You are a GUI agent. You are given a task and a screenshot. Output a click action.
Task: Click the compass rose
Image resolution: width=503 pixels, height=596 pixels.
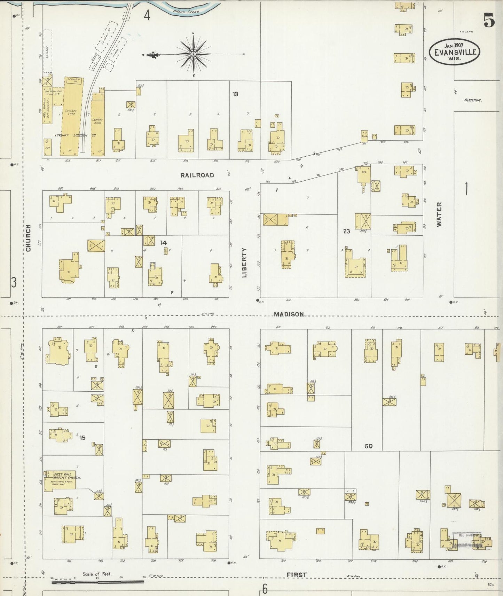pyautogui.click(x=193, y=54)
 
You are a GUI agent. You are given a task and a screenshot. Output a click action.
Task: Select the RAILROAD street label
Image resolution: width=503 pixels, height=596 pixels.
pyautogui.click(x=197, y=175)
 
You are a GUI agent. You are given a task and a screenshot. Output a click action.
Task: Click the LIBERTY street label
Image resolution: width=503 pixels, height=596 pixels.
pyautogui.click(x=244, y=262)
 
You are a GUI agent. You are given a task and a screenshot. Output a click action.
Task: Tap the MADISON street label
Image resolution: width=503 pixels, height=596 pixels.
pyautogui.click(x=289, y=314)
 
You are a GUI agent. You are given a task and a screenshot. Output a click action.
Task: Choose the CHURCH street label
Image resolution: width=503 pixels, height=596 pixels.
pyautogui.click(x=28, y=237)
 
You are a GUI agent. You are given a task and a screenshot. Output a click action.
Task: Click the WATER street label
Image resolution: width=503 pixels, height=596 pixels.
pyautogui.click(x=439, y=214)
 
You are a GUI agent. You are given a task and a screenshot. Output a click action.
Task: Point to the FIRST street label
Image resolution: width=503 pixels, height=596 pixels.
pyautogui.click(x=297, y=575)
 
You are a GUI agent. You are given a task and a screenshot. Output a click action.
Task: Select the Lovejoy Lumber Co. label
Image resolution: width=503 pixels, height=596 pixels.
pyautogui.click(x=75, y=135)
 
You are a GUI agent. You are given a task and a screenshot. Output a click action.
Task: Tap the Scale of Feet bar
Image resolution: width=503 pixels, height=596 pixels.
pyautogui.click(x=98, y=581)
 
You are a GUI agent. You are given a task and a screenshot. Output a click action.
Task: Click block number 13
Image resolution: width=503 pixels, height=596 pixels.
pyautogui.click(x=235, y=94)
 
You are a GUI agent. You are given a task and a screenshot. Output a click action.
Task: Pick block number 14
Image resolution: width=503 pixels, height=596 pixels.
pyautogui.click(x=163, y=243)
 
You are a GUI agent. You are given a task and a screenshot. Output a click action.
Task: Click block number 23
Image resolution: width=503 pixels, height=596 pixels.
pyautogui.click(x=346, y=231)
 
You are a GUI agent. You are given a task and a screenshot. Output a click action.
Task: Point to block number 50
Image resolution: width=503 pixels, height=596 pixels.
pyautogui.click(x=369, y=446)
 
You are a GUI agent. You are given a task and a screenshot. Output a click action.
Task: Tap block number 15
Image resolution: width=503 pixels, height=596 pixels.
pyautogui.click(x=82, y=438)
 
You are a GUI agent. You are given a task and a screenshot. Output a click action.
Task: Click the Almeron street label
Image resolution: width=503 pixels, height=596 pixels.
pyautogui.click(x=472, y=100)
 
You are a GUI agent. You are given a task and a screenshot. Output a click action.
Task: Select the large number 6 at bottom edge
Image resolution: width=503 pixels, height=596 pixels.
pyautogui.click(x=265, y=589)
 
